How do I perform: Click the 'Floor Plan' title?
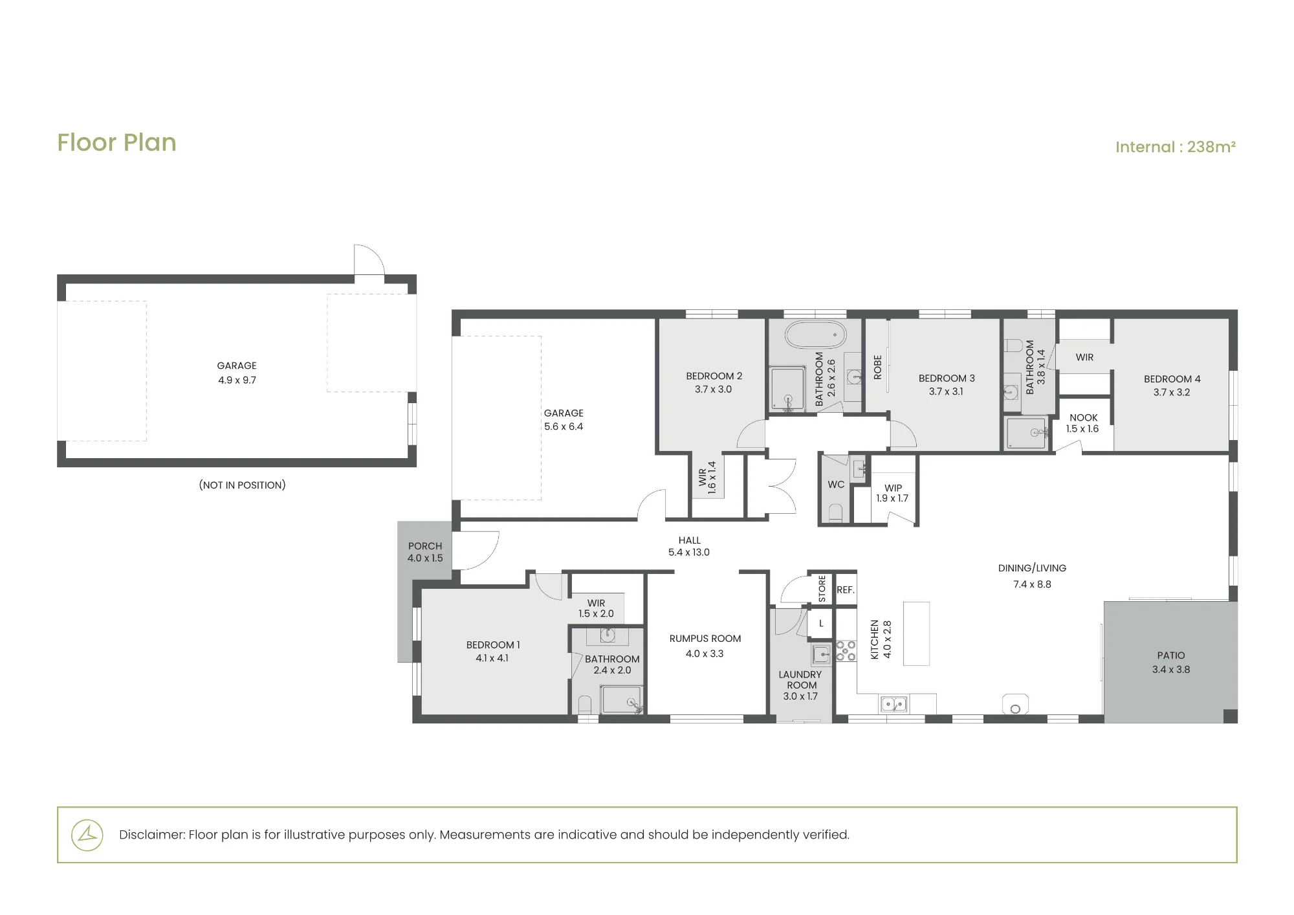click(116, 142)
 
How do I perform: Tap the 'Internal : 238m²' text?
click(1176, 147)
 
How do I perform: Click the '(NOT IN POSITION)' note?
click(242, 485)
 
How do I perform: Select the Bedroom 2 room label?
click(714, 382)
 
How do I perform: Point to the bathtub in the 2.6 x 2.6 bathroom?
click(815, 335)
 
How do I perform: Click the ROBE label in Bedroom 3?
click(878, 367)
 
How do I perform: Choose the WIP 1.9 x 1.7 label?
click(893, 493)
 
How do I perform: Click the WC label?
click(836, 484)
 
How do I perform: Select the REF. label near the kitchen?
click(846, 590)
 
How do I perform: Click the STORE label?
click(822, 590)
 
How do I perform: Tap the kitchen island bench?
click(916, 634)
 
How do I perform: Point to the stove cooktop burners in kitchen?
click(846, 650)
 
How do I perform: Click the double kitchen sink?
click(894, 704)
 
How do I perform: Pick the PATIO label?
click(1171, 656)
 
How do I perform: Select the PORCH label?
click(425, 546)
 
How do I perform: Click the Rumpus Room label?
click(705, 639)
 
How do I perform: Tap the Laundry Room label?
click(801, 679)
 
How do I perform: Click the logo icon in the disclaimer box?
click(87, 835)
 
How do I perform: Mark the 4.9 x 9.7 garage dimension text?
click(237, 380)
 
